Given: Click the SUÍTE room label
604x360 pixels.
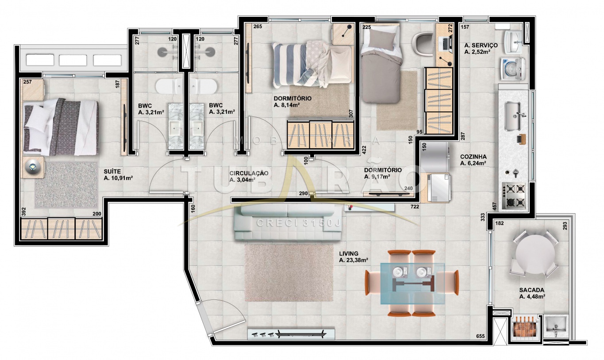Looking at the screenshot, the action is point(112,172).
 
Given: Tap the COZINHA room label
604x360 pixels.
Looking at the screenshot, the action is point(473,157).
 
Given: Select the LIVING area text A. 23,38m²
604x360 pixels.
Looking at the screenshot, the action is point(354,260).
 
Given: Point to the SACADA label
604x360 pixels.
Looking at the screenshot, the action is point(532,290).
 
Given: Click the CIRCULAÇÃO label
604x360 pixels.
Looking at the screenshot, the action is point(249,173).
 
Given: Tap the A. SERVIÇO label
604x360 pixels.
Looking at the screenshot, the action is point(481,45).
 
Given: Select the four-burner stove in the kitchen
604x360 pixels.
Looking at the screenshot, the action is point(513,196).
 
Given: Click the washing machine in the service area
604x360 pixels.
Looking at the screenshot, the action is point(513,69).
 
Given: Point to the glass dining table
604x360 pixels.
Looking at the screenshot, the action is point(412,283).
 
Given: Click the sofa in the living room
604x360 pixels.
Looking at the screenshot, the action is point(288,222).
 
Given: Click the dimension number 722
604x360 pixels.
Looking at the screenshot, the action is point(415,207).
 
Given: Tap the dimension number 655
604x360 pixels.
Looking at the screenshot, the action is point(480,336).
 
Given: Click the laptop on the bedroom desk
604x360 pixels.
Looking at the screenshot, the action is point(445,44).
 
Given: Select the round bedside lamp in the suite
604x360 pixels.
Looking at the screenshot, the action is point(32,167).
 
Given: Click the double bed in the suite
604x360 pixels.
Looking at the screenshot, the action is point(60,127).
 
